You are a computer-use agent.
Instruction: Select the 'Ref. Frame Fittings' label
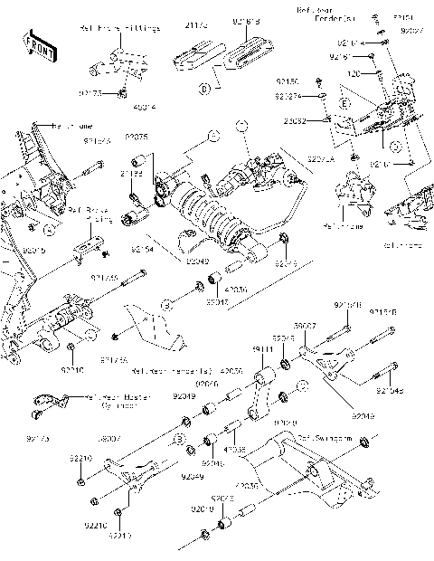(126, 29)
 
